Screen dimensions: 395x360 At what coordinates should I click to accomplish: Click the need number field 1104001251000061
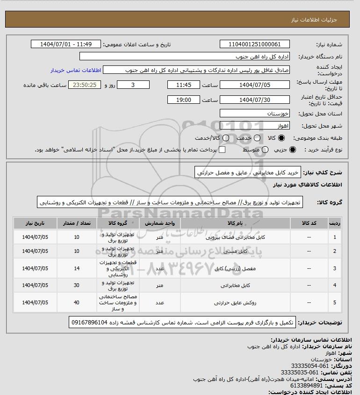point(254,44)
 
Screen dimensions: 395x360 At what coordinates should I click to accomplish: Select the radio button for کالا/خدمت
point(226,138)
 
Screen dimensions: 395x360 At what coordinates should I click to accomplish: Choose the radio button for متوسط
point(265,150)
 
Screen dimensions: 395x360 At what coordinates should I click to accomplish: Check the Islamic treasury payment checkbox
point(222,150)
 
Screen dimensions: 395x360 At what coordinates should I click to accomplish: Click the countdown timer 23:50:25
point(85,85)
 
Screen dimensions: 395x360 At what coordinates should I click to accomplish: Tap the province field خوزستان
point(254,114)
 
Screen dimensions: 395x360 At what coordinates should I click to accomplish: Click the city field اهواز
point(254,125)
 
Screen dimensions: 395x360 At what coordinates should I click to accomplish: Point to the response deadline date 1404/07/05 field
point(254,85)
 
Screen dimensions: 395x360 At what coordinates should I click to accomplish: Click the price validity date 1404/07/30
point(254,100)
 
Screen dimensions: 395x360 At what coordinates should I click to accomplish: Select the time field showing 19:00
point(184,100)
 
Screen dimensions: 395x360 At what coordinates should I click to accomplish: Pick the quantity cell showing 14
point(77,268)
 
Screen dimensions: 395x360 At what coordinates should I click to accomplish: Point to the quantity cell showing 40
point(77,302)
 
